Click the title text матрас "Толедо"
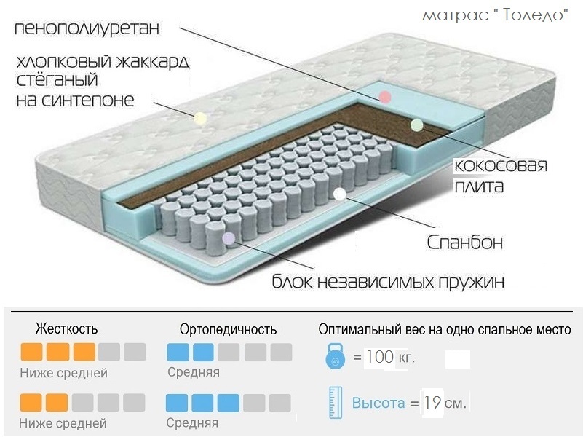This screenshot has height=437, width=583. [494, 15]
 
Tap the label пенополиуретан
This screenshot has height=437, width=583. [87, 28]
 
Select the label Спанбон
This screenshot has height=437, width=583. [464, 241]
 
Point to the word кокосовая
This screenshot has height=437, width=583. [499, 166]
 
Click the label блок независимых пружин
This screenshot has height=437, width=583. [388, 281]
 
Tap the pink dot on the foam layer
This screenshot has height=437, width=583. [385, 97]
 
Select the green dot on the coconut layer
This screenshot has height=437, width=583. [416, 125]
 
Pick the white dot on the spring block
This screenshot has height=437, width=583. [339, 194]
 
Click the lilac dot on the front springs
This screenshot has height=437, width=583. [229, 237]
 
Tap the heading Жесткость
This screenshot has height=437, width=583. [66, 329]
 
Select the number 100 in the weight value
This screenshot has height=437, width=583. [379, 359]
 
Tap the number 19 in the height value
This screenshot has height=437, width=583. [432, 402]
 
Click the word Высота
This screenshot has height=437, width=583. [378, 403]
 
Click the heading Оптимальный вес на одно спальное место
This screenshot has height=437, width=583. [444, 329]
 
